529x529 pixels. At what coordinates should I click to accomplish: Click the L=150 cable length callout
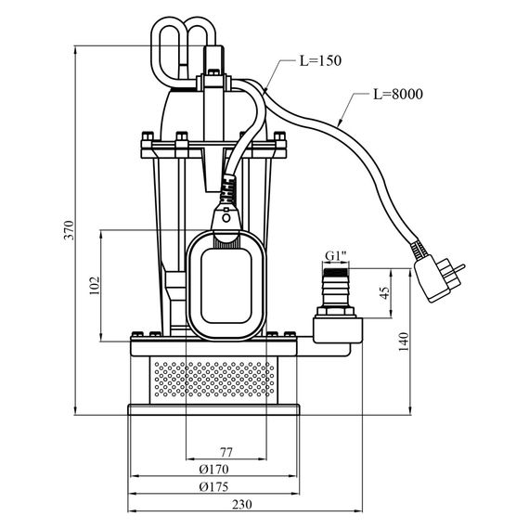pyautogui.click(x=320, y=60)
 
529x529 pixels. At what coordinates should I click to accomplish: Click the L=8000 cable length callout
pyautogui.click(x=398, y=94)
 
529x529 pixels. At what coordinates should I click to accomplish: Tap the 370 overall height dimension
pyautogui.click(x=69, y=230)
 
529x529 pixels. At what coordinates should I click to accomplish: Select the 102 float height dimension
pyautogui.click(x=95, y=286)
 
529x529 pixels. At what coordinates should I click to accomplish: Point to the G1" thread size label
pyautogui.click(x=336, y=256)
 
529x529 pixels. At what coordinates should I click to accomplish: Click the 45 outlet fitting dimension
pyautogui.click(x=384, y=293)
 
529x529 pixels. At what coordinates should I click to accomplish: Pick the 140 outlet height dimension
pyautogui.click(x=404, y=342)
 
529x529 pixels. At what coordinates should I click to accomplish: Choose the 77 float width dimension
pyautogui.click(x=226, y=452)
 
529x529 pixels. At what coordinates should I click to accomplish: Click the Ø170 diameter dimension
pyautogui.click(x=213, y=469)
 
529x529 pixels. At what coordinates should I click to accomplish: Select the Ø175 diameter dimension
pyautogui.click(x=213, y=486)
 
